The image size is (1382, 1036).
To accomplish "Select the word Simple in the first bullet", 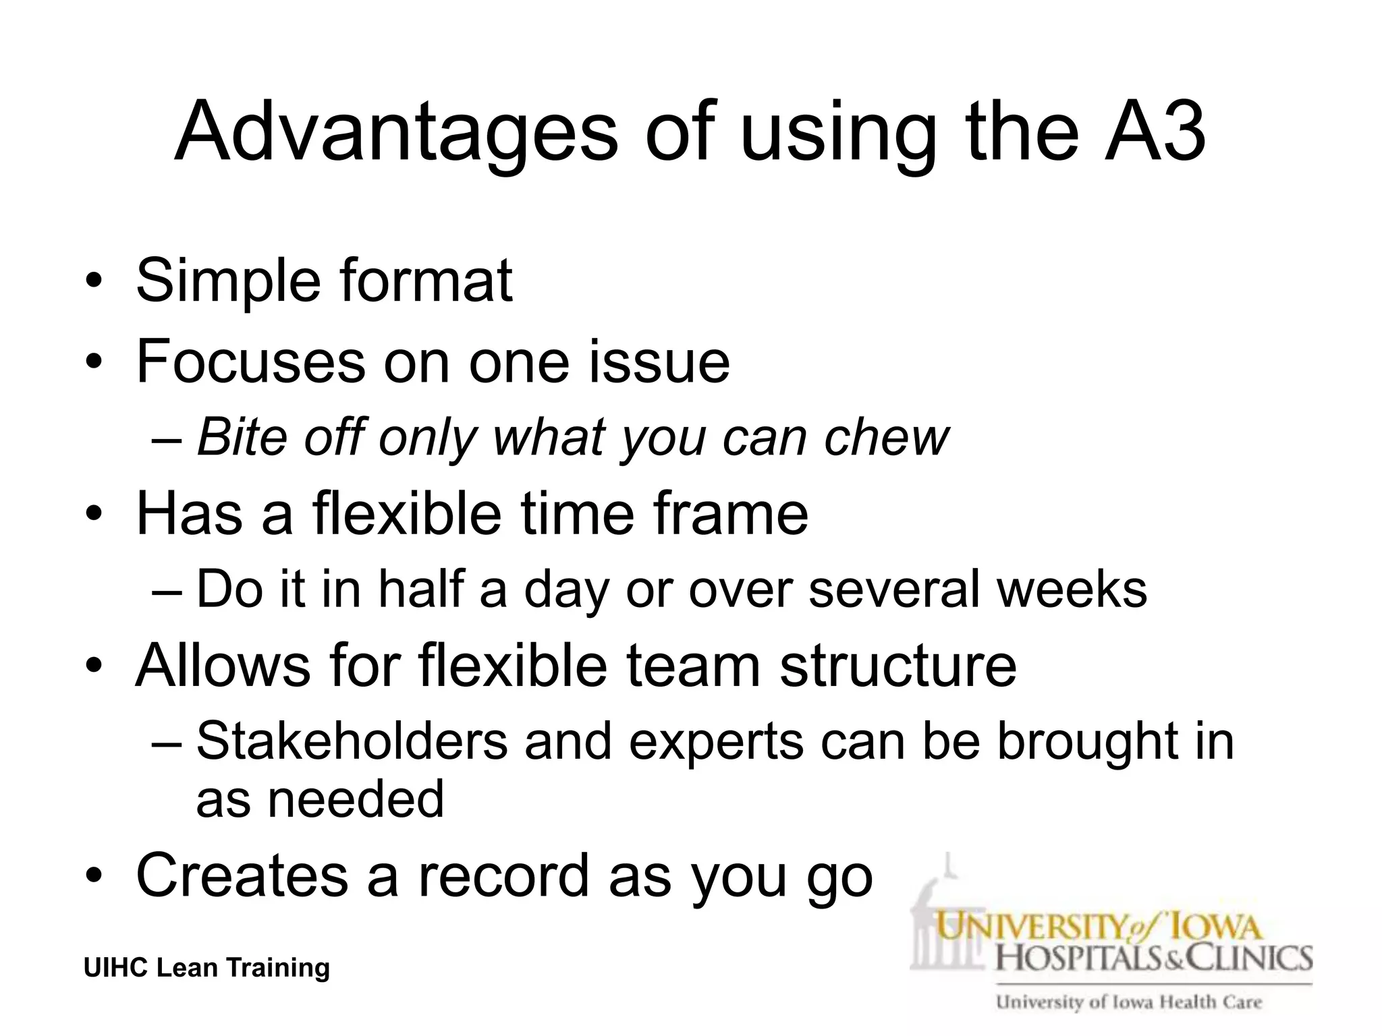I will point(227,281).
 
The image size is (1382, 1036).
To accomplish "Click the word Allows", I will point(223,664).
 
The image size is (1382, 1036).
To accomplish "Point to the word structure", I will point(897,664).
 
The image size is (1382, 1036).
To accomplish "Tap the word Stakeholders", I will point(351,741).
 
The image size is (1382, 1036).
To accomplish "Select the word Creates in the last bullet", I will point(243,875).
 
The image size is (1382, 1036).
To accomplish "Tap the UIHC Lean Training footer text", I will point(206,968).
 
